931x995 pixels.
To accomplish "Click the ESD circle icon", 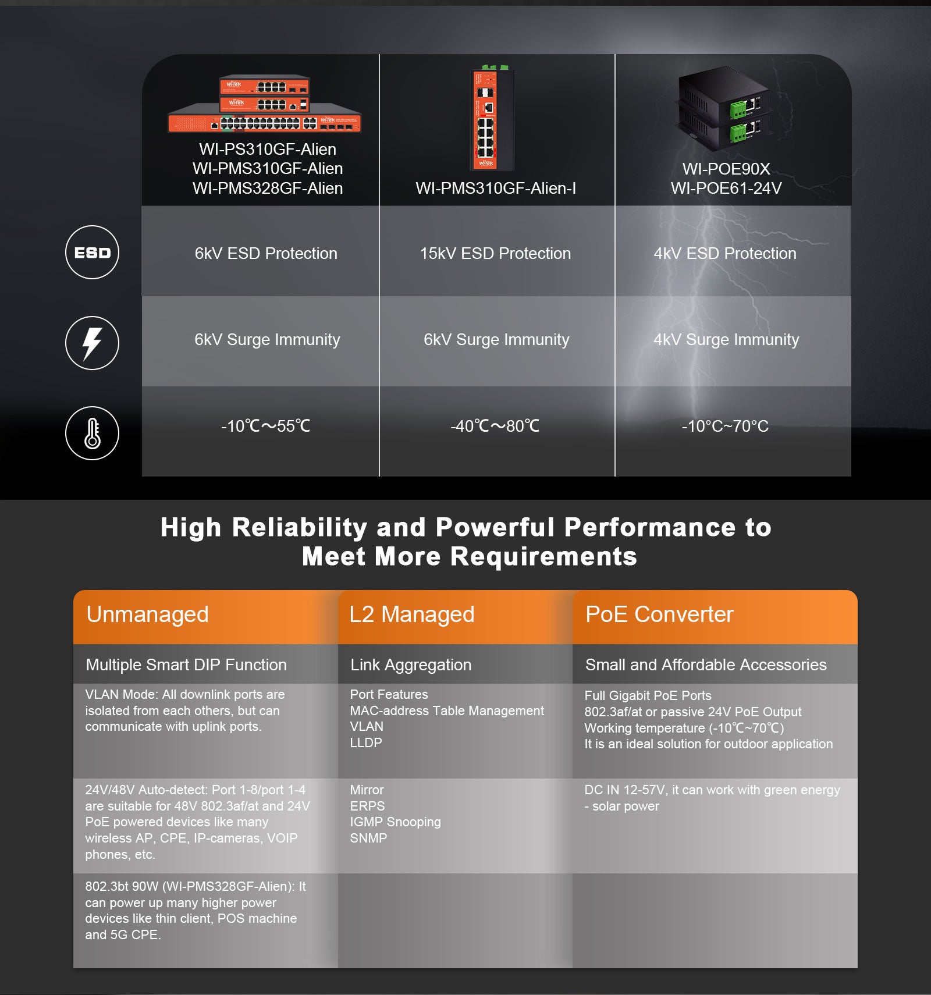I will pos(92,252).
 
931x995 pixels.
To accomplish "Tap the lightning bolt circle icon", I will pos(92,343).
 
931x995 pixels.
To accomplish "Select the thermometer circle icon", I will pos(92,433).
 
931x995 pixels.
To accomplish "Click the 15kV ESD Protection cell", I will pos(495,253).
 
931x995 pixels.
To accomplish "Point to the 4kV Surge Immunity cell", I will pos(726,339).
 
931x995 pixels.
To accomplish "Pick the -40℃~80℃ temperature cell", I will pos(495,426).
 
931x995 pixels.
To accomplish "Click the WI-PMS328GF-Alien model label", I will pos(268,188).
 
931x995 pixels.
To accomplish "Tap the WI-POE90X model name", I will pos(726,169).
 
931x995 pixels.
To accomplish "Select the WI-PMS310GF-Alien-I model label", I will pos(495,188).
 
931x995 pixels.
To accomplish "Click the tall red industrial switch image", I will pos(492,119).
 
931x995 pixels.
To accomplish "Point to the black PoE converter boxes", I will pos(724,105).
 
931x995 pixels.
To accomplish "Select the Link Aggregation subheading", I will pos(410,664).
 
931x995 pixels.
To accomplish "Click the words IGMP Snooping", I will pos(395,822).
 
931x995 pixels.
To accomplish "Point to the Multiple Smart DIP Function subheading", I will pos(186,664).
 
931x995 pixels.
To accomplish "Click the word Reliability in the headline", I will pos(299,527).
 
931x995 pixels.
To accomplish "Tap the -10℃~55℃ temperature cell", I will pos(265,426).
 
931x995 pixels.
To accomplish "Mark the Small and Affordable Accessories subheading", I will pos(705,664).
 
